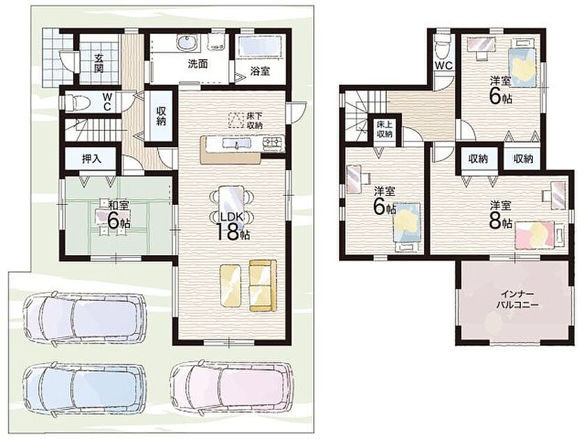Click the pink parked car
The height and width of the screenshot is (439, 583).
click(x=231, y=387)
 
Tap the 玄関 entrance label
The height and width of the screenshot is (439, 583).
click(x=98, y=63)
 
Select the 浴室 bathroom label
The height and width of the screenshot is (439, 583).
click(x=260, y=71)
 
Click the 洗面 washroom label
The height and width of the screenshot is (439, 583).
click(x=197, y=63)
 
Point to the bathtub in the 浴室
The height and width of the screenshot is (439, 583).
click(x=259, y=47)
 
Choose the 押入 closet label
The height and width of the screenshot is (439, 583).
click(x=91, y=159)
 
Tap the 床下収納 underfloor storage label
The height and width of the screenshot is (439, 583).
click(x=255, y=120)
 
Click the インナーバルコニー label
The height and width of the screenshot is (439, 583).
click(x=517, y=300)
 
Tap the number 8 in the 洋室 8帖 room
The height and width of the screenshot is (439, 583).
click(x=495, y=222)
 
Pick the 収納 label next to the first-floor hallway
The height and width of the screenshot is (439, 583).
click(x=161, y=116)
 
